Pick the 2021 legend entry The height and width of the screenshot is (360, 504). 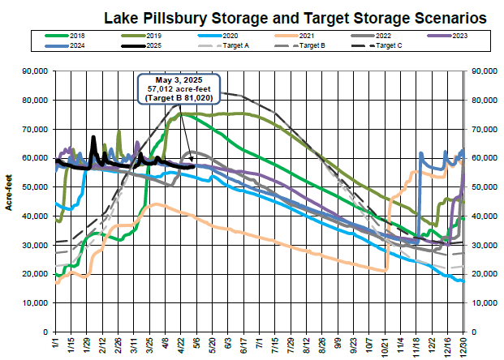[x=304, y=36]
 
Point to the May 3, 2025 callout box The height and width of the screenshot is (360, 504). [x=179, y=88]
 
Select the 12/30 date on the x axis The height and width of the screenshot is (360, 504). [x=463, y=345]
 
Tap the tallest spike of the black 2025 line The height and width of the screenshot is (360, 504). [x=94, y=137]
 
